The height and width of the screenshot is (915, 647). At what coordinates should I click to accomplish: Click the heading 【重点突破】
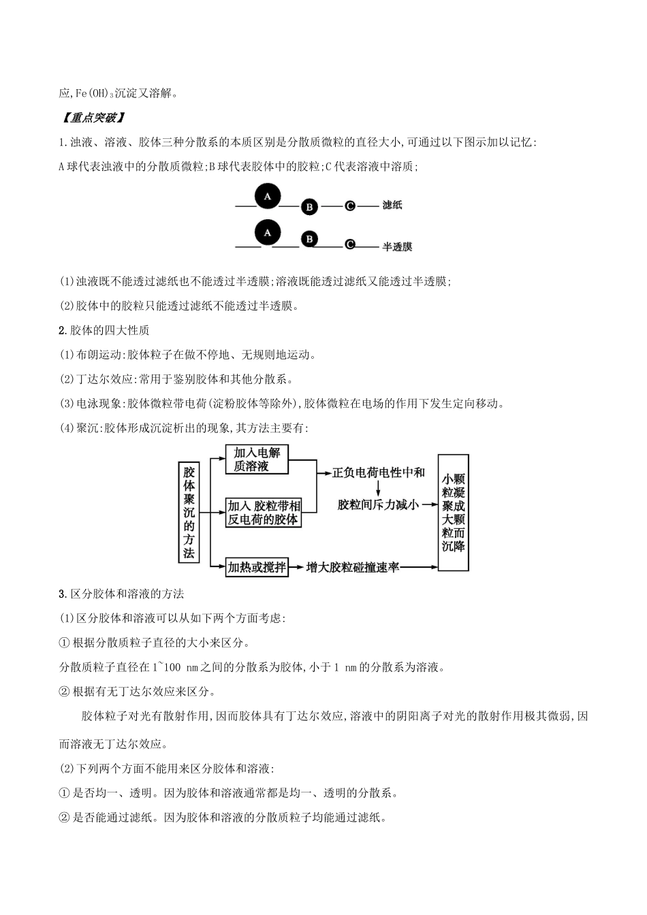(x=92, y=117)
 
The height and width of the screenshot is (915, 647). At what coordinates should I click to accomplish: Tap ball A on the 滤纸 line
(x=268, y=195)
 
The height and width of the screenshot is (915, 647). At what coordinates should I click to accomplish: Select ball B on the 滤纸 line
(x=309, y=206)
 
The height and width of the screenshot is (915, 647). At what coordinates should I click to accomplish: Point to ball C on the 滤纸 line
(x=349, y=205)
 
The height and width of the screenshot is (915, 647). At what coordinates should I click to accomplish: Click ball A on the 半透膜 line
(x=268, y=232)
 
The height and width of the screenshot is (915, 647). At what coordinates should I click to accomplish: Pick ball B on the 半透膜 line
(x=309, y=239)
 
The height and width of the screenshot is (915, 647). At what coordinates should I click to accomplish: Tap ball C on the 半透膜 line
(x=349, y=244)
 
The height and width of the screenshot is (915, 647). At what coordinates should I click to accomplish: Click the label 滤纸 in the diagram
(x=392, y=205)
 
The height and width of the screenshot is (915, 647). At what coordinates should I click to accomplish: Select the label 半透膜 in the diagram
(x=397, y=246)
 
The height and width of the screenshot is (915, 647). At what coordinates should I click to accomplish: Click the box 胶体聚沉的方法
(x=189, y=512)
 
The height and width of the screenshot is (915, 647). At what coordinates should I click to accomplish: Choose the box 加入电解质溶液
(x=257, y=460)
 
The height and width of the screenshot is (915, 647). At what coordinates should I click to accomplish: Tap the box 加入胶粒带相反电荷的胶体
(x=263, y=513)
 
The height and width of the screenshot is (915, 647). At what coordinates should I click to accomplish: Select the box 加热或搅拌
(x=257, y=566)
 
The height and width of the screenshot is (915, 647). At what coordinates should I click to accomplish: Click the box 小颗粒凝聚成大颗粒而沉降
(x=453, y=512)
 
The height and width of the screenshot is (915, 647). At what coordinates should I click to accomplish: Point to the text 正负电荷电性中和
(x=378, y=472)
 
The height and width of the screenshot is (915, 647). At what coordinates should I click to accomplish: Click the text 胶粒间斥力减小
(x=378, y=504)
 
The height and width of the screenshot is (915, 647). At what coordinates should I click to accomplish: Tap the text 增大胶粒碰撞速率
(x=352, y=567)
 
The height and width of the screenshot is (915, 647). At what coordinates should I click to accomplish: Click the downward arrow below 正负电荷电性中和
(x=378, y=489)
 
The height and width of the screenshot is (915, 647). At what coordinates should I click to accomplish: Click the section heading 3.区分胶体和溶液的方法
(x=122, y=594)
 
